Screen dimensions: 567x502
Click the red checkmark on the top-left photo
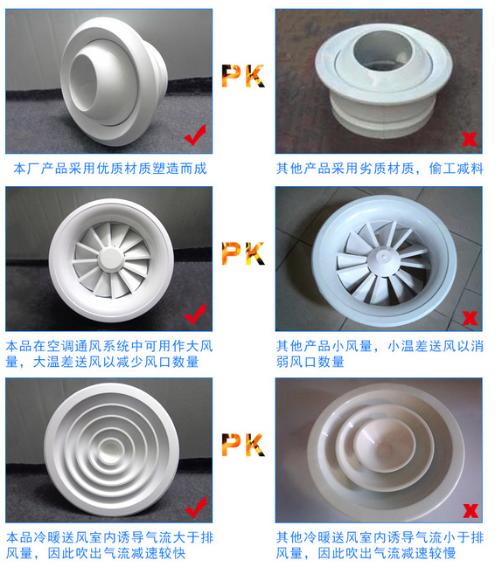(x=196, y=134)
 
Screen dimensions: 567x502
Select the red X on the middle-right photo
(x=469, y=317)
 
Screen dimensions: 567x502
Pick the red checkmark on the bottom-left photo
(x=196, y=504)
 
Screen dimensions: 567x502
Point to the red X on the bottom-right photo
(x=471, y=509)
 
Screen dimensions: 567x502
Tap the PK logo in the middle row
(x=242, y=254)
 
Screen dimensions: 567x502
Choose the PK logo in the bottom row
(x=242, y=445)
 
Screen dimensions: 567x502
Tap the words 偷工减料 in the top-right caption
(x=457, y=167)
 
